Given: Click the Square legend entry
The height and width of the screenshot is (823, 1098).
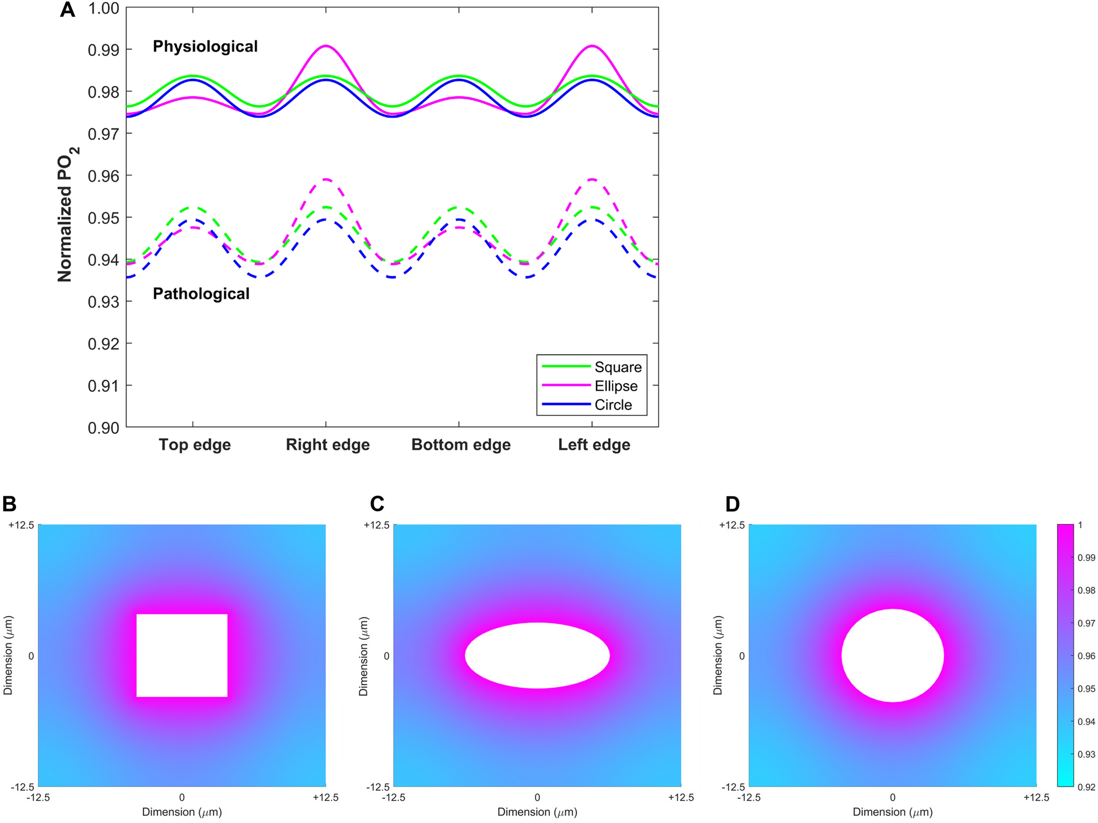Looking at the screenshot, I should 618,367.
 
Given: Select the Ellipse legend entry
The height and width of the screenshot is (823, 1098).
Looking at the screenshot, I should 616,386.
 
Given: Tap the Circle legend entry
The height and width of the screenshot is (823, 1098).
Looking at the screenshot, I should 613,405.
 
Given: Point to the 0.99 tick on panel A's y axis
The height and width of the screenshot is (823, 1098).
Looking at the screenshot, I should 103,50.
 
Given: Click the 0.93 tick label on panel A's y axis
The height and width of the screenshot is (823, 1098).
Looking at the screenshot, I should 103,302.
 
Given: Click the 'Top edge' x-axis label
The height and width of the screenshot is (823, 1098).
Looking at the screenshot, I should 195,445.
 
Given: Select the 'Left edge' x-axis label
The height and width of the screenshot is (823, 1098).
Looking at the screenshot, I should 594,445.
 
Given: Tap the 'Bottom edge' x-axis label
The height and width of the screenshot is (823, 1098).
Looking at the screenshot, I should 461,445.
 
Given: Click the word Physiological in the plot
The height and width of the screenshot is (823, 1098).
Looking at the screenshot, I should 205,47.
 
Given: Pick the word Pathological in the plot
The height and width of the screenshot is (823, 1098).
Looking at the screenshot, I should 201,294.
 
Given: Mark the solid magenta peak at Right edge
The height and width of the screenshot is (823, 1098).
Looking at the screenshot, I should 326,46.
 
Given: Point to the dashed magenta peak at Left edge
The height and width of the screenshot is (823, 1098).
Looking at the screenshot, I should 592,179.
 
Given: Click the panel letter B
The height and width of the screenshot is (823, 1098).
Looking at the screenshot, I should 9,504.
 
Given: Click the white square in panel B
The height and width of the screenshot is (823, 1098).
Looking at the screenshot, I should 182,655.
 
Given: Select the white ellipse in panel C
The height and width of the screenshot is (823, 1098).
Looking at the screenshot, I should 537,655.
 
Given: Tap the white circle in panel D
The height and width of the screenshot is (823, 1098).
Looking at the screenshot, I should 892,655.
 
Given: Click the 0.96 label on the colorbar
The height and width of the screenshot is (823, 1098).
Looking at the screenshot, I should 1086,656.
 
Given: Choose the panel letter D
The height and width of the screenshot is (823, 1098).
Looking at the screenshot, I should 732,504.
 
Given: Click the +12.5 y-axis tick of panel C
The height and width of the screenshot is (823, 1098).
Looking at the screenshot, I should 376,525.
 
